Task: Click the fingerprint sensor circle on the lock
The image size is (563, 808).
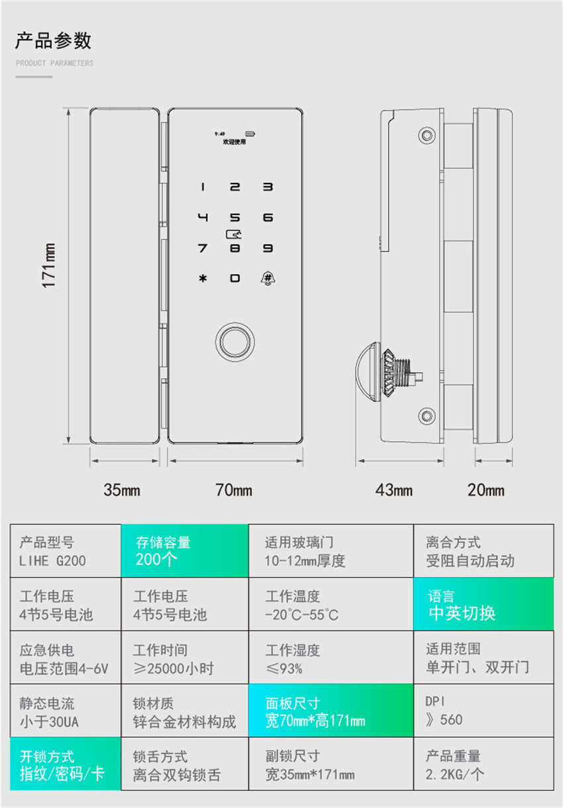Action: tap(234, 342)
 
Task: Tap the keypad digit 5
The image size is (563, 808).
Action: tap(235, 217)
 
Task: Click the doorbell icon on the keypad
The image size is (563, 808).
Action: tap(268, 278)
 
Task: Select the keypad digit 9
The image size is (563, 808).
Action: tap(268, 248)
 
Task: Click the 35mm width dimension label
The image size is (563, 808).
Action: tap(122, 491)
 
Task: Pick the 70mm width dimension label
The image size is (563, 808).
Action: tap(234, 491)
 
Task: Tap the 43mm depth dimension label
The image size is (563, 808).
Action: tap(394, 491)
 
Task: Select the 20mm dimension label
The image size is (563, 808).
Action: tap(486, 491)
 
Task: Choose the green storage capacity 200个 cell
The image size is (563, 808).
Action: tap(184, 551)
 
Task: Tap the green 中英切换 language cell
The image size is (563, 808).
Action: tap(483, 604)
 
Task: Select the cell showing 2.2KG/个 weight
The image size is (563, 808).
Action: tap(483, 764)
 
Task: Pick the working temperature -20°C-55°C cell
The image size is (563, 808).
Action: tap(331, 604)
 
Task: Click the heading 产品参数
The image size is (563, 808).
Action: tap(54, 41)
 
